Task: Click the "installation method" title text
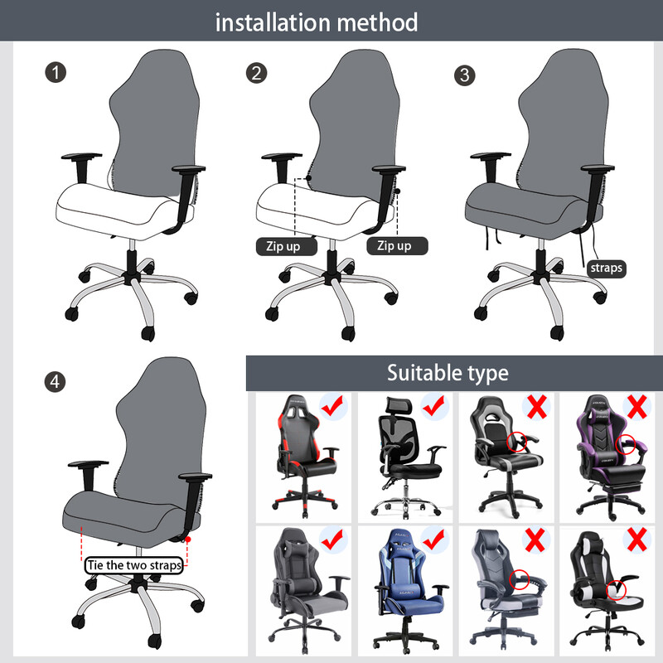317,22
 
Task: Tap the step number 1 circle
56,73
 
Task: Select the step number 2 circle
257,73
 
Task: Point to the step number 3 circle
465,75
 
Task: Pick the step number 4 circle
56,382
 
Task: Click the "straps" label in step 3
606,268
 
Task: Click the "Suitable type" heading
448,373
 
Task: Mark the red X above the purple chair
636,407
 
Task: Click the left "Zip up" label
288,246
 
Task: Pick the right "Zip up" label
394,246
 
